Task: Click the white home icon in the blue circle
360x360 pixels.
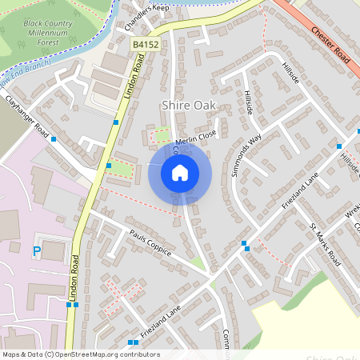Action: [x=180, y=172]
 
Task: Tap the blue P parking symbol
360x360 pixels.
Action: [x=36, y=251]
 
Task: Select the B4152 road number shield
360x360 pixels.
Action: [x=145, y=46]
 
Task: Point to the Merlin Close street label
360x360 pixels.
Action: [x=195, y=138]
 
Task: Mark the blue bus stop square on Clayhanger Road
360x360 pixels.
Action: [x=54, y=139]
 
